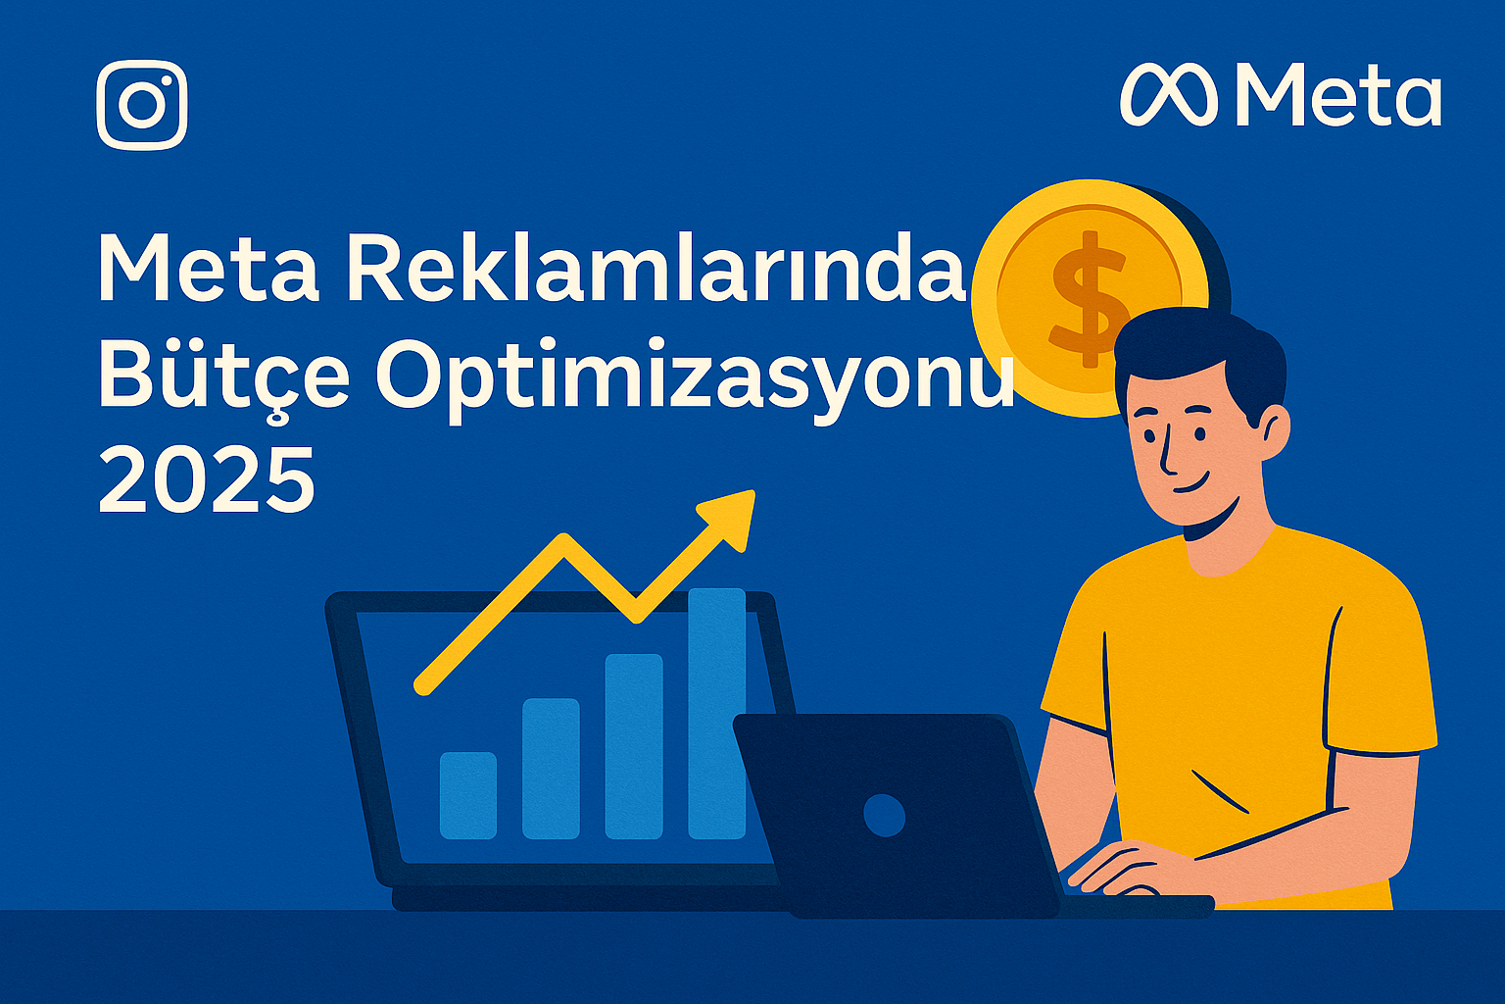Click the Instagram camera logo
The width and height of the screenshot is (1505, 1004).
[x=142, y=106]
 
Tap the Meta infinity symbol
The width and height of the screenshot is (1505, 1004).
[x=1168, y=95]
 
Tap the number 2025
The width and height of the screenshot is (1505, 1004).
[x=207, y=478]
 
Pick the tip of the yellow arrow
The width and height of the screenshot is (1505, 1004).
[x=753, y=491]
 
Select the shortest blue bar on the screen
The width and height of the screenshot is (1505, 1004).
[x=468, y=795]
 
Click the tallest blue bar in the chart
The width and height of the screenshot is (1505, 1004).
[x=717, y=714]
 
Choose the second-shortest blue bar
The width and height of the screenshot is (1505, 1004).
[x=551, y=769]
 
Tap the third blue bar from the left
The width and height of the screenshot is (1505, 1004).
[x=634, y=746]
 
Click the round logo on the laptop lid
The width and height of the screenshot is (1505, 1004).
[x=884, y=815]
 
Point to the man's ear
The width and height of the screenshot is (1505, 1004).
[x=1272, y=432]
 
